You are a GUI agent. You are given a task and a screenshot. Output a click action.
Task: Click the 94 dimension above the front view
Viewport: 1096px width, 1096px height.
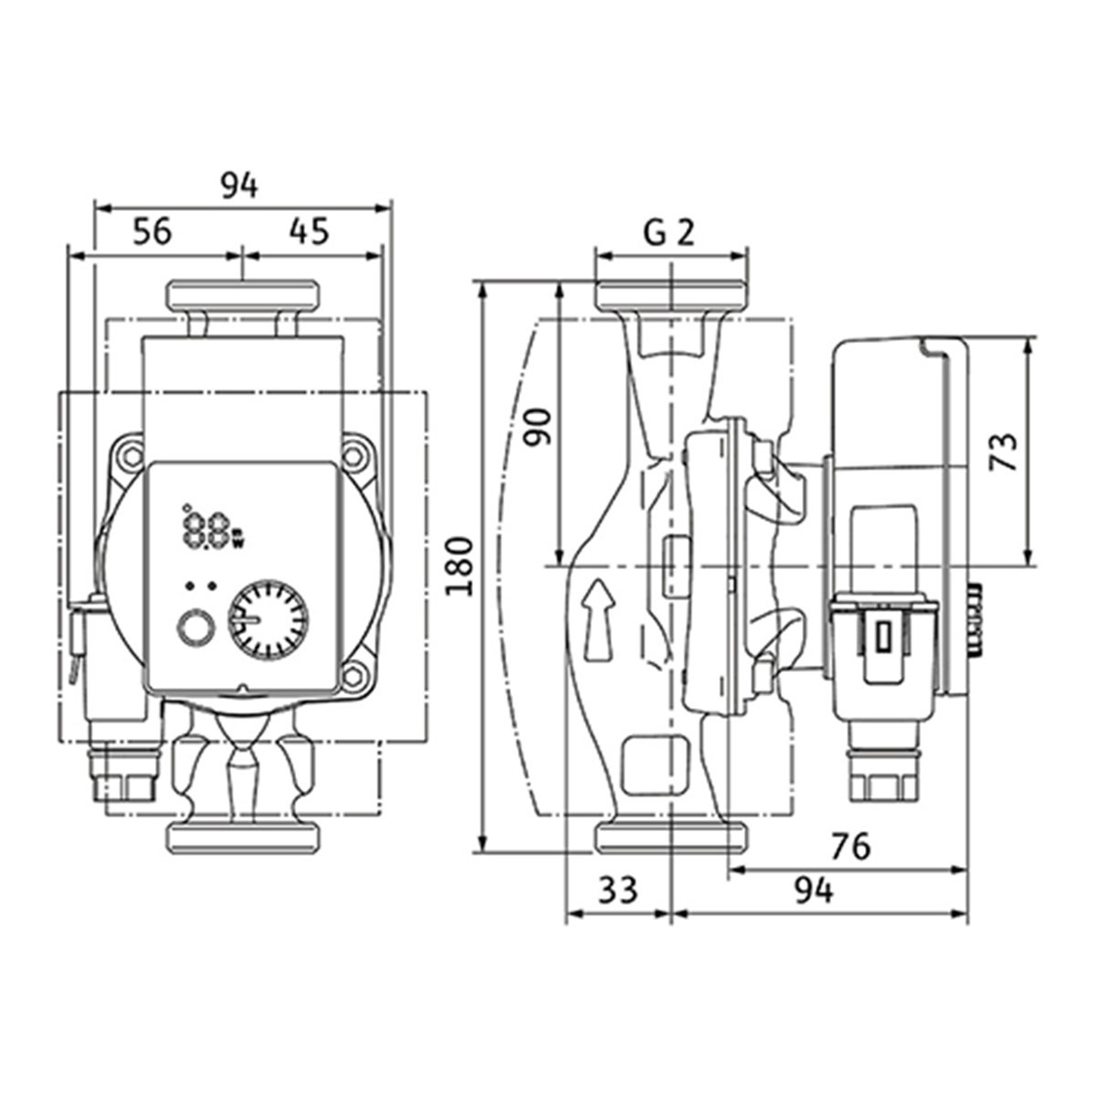point(239,186)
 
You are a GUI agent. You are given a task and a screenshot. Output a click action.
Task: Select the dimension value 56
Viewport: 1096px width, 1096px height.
point(153,232)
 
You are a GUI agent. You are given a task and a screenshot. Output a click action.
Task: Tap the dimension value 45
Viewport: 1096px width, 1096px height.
point(310,232)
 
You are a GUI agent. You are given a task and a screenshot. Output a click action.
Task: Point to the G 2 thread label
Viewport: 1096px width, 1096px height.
point(669,233)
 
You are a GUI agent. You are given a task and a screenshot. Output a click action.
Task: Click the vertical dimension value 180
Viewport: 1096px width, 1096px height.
point(459,566)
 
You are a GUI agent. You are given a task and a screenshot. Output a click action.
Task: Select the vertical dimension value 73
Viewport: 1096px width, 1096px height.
point(1003,453)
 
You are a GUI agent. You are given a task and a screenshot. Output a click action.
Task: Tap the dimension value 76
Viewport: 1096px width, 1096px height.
point(851,847)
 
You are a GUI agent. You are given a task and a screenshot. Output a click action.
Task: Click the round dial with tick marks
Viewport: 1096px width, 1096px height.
point(269,619)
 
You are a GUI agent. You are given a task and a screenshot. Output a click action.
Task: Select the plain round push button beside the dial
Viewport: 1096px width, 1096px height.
point(196,629)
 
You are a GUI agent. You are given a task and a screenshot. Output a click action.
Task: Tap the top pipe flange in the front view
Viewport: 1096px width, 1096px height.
point(243,295)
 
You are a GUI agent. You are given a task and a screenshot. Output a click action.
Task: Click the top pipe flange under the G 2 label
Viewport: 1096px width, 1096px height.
point(671,295)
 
